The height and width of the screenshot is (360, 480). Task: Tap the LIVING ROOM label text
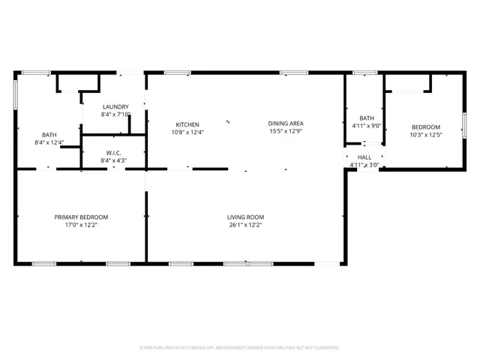click(246, 217)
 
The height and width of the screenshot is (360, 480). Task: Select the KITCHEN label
click(187, 124)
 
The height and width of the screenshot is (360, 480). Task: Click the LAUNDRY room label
click(115, 106)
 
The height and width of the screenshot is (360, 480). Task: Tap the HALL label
click(364, 157)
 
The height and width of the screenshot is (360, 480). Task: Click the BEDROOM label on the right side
click(425, 127)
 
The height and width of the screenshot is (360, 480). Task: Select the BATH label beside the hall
click(367, 118)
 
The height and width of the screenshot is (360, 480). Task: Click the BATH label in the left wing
click(49, 135)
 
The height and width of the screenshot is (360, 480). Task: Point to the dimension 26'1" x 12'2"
click(246, 224)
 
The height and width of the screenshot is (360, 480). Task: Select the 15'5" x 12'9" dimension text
click(286, 131)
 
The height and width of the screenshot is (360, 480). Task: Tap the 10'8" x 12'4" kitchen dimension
click(187, 132)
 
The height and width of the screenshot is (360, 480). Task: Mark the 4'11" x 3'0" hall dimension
click(364, 165)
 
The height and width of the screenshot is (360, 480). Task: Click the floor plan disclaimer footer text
click(240, 347)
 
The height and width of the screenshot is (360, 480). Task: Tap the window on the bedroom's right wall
click(464, 122)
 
